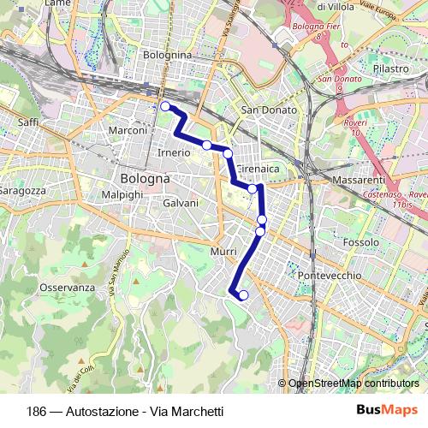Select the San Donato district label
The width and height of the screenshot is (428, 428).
pos(269,110)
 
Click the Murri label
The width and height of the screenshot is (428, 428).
pos(222,252)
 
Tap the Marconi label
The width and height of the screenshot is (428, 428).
pos(129,130)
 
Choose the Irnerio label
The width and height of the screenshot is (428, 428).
pos(174,152)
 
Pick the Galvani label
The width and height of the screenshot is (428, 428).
pos(181,203)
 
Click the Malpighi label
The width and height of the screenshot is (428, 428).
pos(122,195)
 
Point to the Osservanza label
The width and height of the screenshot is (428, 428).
pos(67,288)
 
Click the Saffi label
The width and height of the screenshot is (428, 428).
pos(28,122)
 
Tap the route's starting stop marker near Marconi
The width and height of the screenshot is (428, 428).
pos(165,107)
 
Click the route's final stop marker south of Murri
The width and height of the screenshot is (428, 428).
pos(243,295)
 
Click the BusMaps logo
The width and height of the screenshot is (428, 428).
pos(387,410)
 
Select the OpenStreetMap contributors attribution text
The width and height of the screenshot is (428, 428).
pos(353,384)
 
